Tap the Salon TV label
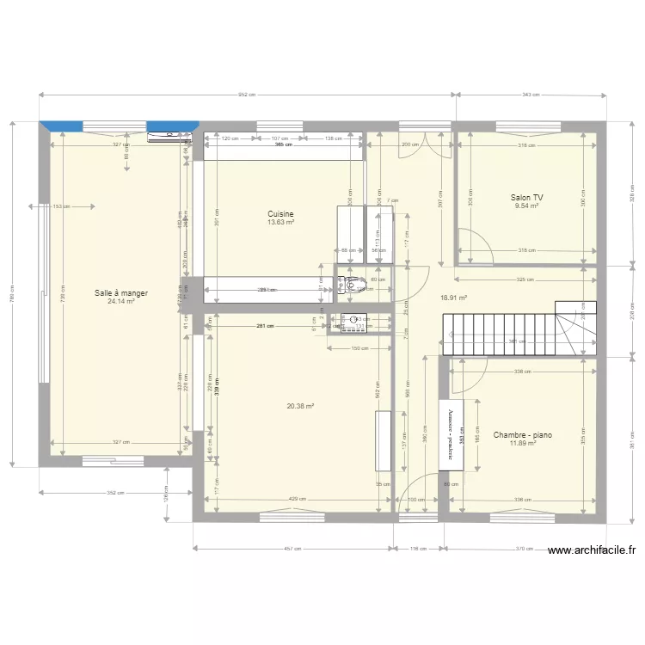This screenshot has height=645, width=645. [527, 197]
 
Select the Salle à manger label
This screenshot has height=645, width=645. [121, 293]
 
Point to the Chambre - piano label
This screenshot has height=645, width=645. [522, 435]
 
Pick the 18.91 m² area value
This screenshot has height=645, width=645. [453, 298]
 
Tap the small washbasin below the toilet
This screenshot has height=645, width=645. [354, 322]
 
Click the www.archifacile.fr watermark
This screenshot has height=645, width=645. [590, 550]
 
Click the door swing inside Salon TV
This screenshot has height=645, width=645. [476, 244]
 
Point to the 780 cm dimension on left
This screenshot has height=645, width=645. [13, 293]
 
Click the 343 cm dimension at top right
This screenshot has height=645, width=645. [531, 95]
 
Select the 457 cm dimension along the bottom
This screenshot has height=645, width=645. [293, 548]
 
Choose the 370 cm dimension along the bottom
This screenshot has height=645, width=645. [524, 548]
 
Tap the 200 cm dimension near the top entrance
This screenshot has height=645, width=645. [409, 144]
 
